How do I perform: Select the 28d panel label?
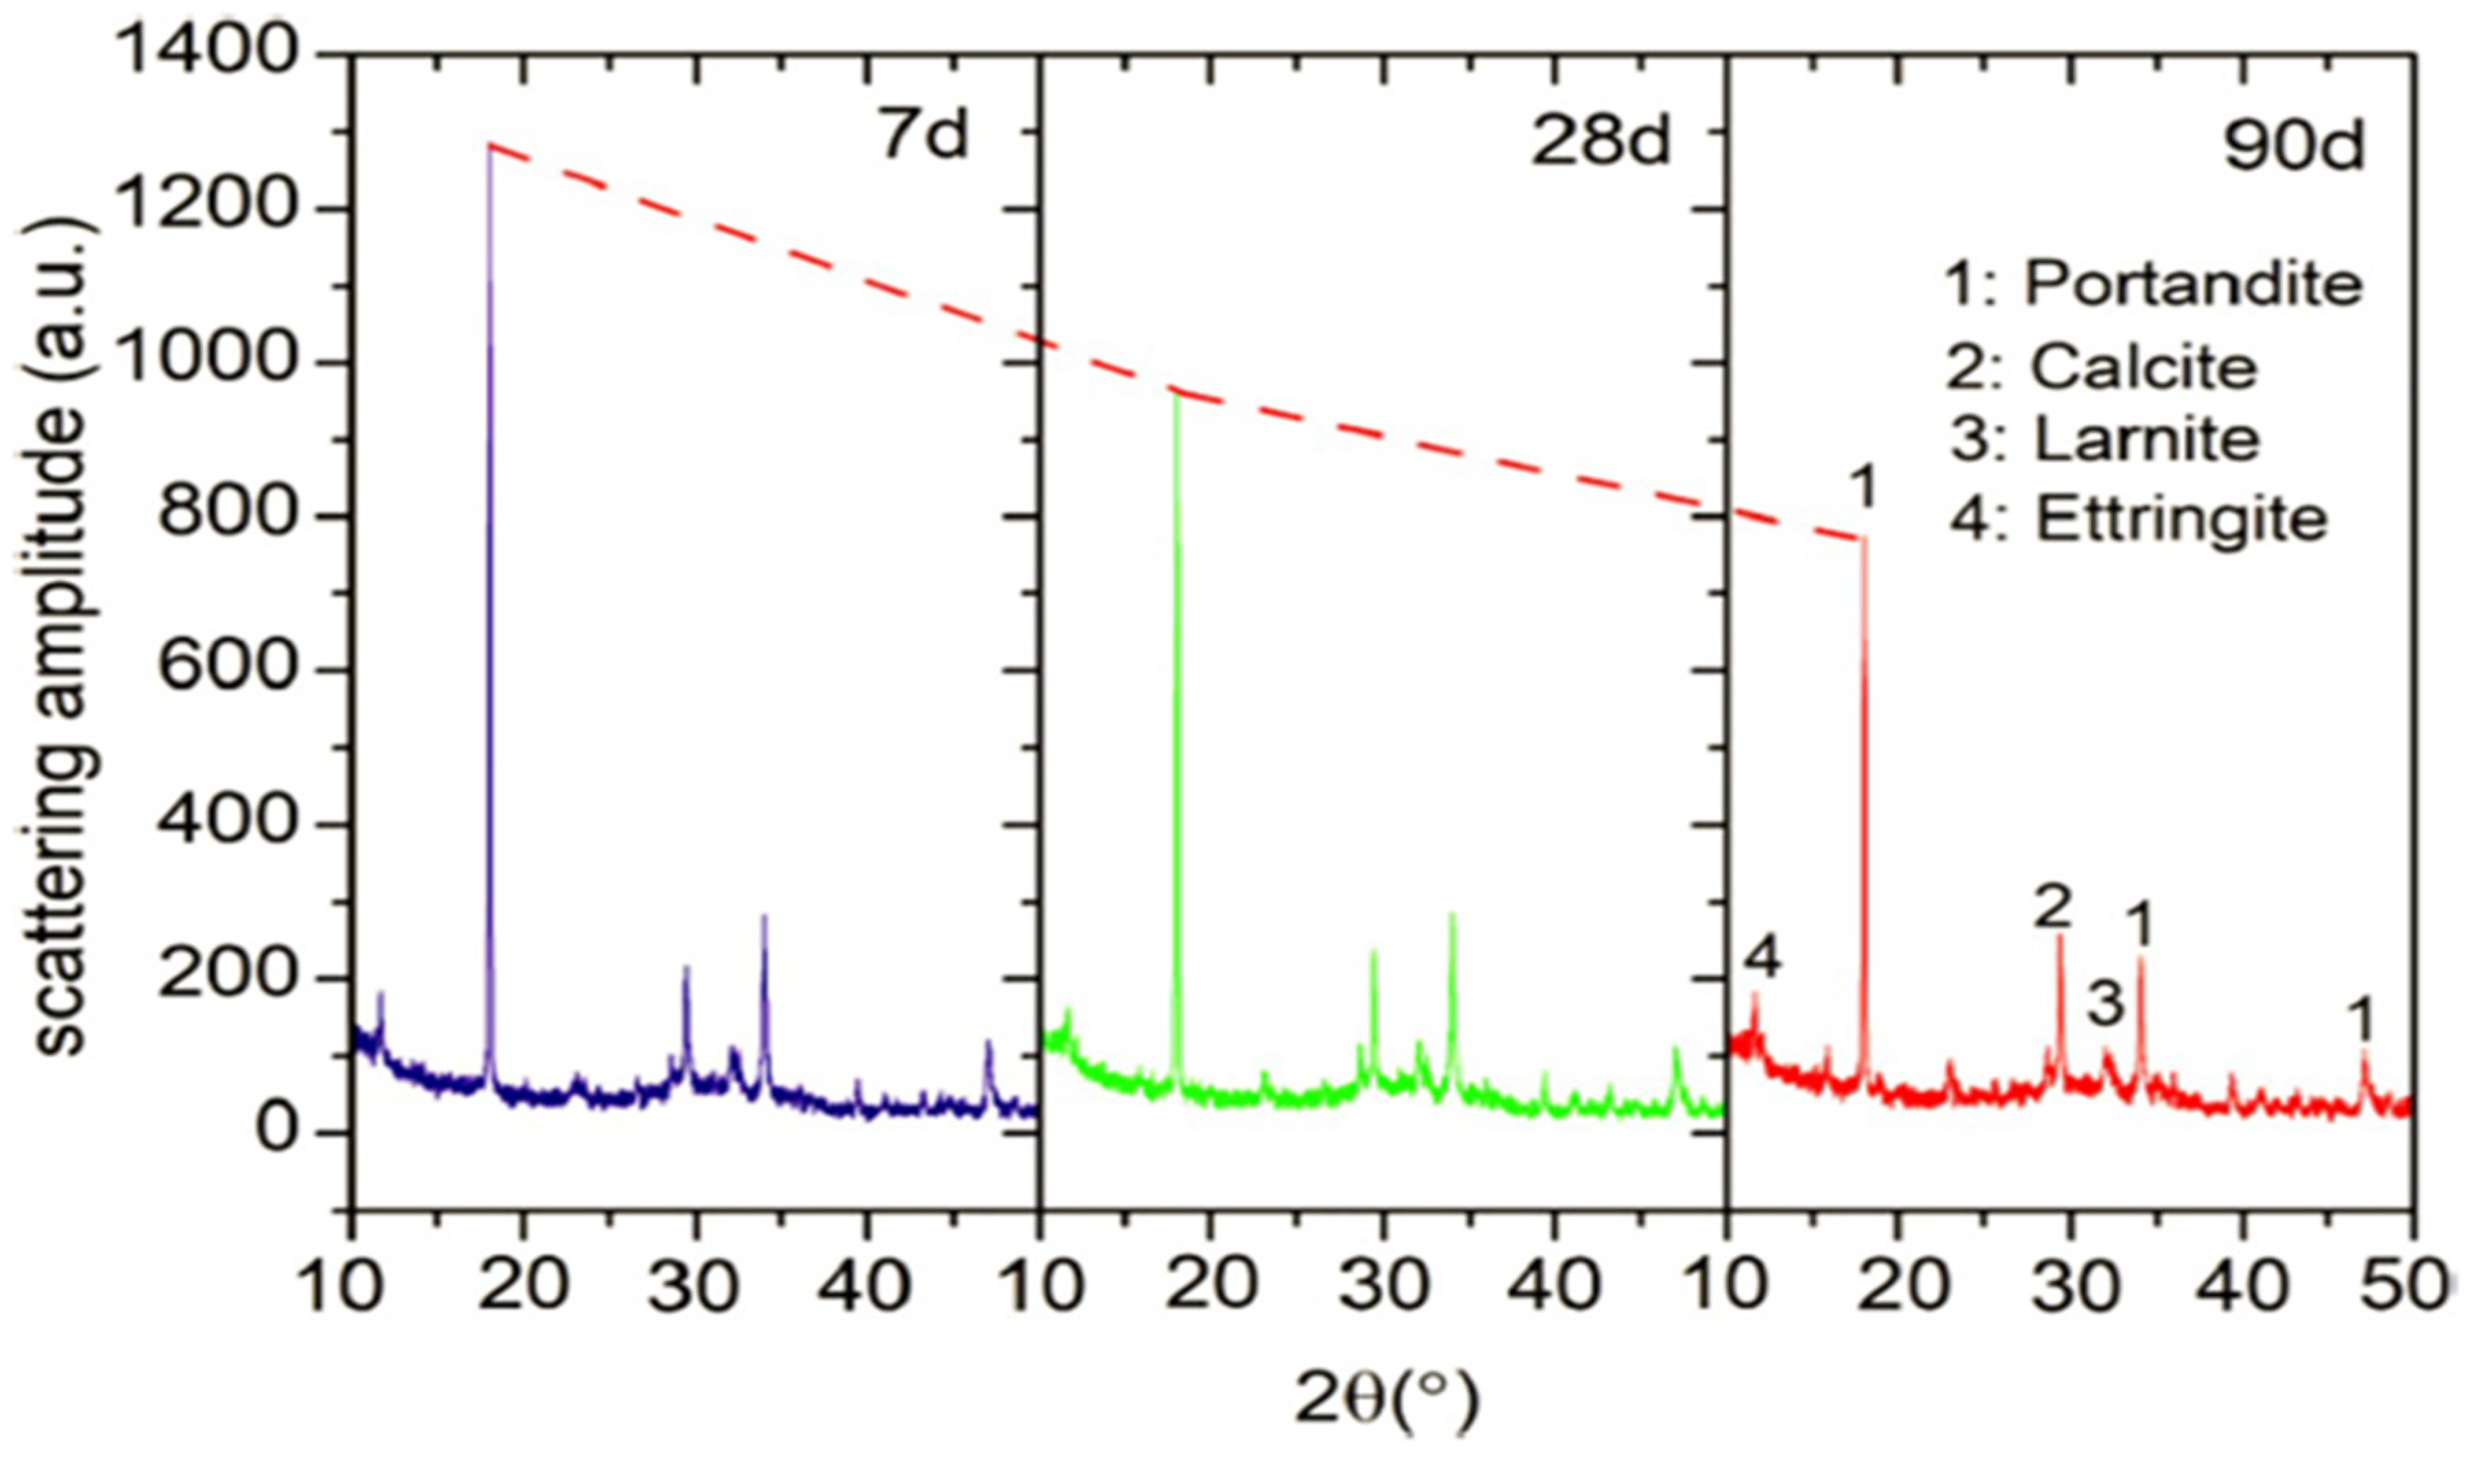coord(1601,139)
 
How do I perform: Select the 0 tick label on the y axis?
coord(278,1130)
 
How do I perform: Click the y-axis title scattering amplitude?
coord(65,632)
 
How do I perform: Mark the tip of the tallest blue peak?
coord(489,147)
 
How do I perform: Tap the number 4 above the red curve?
coord(1762,957)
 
